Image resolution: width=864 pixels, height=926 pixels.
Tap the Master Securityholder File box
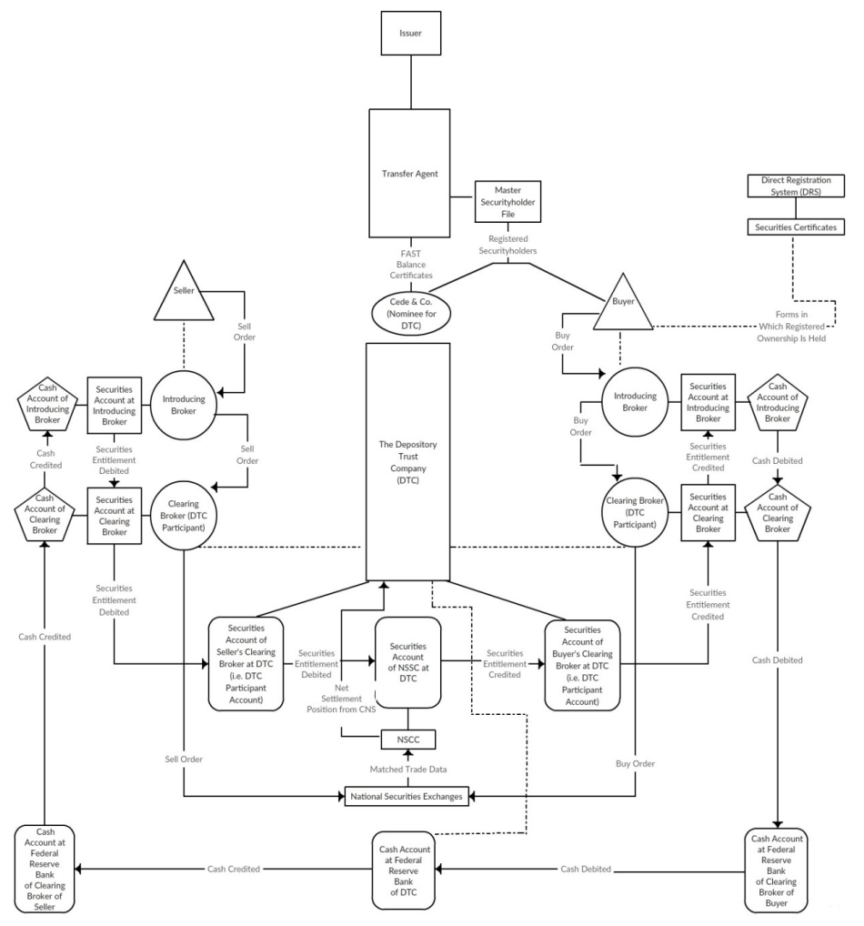pos(507,201)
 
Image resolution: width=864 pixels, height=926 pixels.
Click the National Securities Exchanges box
pos(407,797)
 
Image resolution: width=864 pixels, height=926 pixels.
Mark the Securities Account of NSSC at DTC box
pos(407,662)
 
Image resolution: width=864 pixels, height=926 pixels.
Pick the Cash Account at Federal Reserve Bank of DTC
pos(407,870)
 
